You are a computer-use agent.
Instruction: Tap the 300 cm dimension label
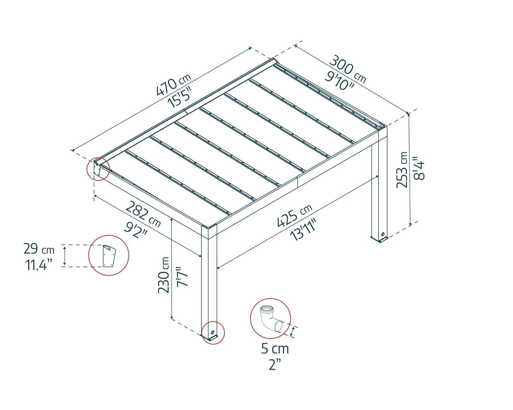pyautogui.click(x=347, y=70)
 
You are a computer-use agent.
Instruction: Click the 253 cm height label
pyautogui.click(x=402, y=170)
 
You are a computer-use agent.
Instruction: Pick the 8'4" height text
pyautogui.click(x=419, y=168)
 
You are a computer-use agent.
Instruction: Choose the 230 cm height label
pyautogui.click(x=163, y=275)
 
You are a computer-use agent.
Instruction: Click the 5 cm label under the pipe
pyautogui.click(x=275, y=349)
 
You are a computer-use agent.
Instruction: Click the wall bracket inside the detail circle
pyautogui.click(x=109, y=256)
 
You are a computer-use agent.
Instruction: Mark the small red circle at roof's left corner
pyautogui.click(x=98, y=169)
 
